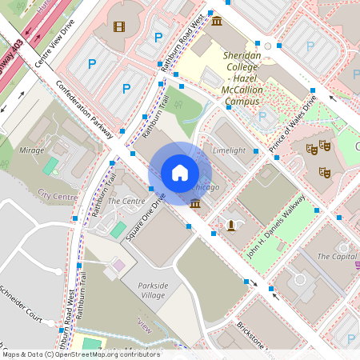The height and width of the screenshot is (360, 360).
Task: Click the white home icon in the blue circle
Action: (x=180, y=172)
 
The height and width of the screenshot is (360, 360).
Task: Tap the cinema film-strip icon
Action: (x=119, y=26)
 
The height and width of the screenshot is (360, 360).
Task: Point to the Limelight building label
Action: (x=229, y=150)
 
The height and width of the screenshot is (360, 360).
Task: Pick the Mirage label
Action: (x=31, y=150)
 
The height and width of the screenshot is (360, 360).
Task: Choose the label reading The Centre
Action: (x=126, y=201)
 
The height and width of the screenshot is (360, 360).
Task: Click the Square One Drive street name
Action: (x=149, y=218)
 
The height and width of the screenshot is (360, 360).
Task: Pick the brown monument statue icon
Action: (x=232, y=224)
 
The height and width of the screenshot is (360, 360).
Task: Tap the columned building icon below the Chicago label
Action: (x=195, y=205)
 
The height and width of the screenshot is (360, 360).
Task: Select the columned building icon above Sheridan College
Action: (x=217, y=19)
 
